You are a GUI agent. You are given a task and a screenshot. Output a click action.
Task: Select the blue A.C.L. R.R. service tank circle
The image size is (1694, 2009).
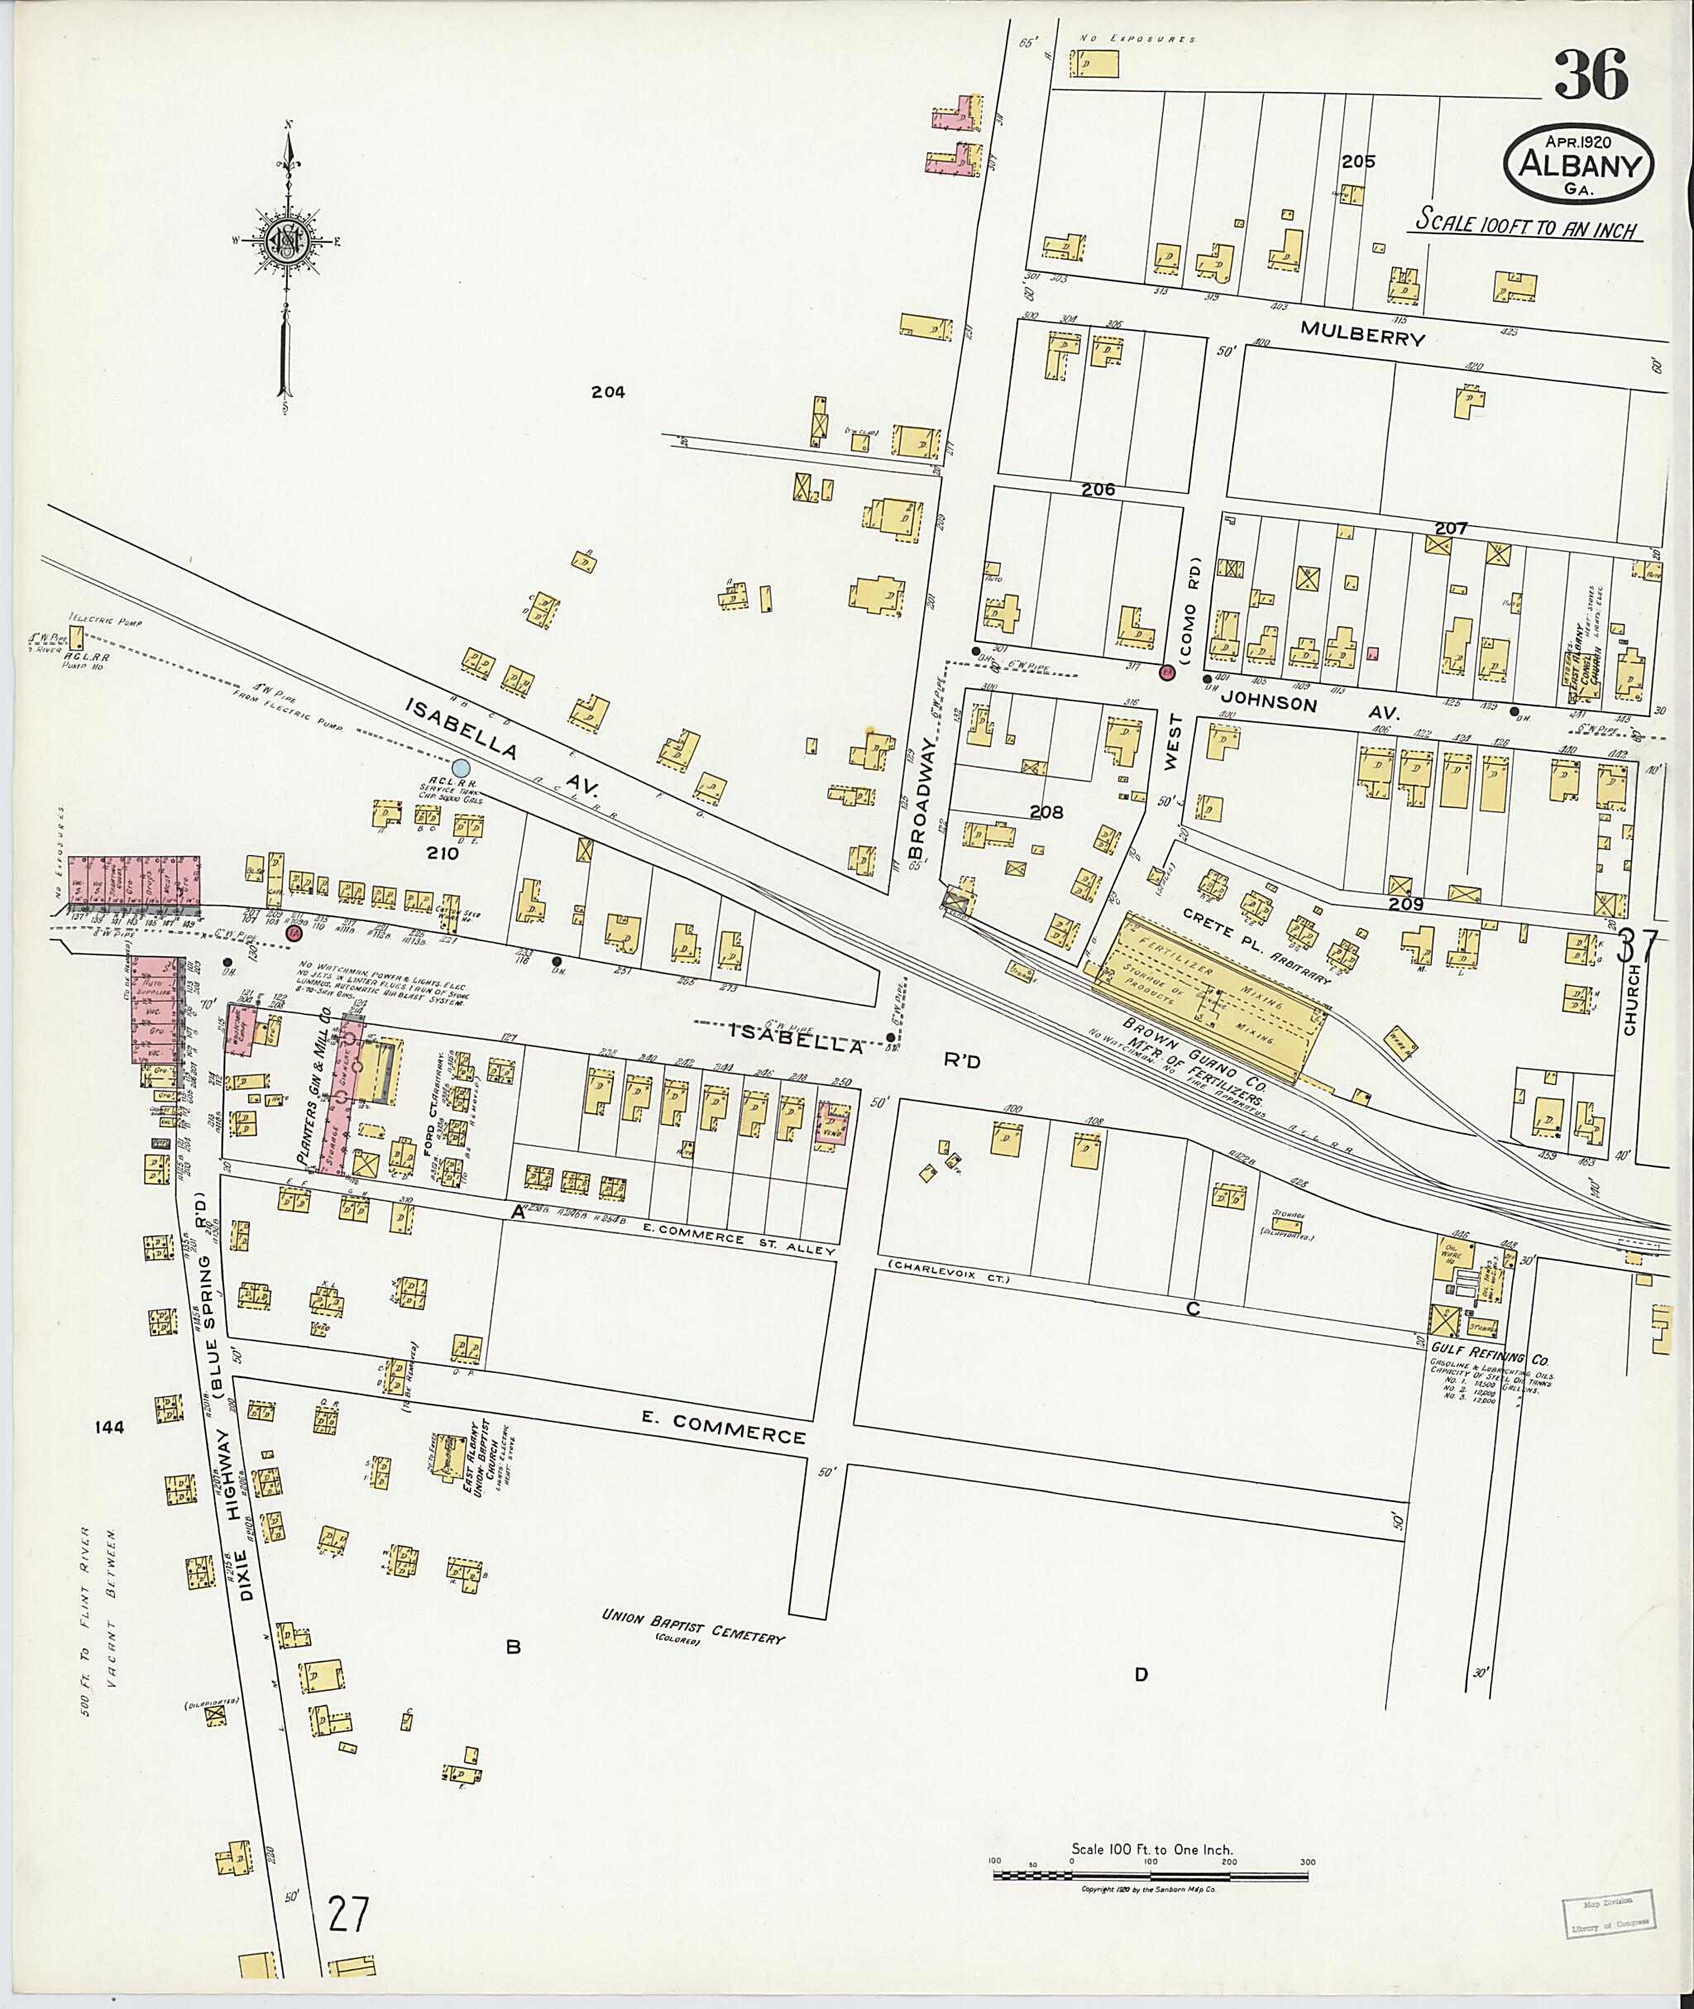(x=461, y=768)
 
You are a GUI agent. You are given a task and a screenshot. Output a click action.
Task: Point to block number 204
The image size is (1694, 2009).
(x=608, y=392)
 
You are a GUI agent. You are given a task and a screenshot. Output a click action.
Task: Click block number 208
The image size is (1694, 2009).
(x=1046, y=811)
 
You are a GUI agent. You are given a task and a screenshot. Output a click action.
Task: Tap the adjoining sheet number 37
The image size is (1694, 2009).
(x=1638, y=947)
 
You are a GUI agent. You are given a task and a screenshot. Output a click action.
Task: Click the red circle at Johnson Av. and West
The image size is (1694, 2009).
(x=1167, y=672)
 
